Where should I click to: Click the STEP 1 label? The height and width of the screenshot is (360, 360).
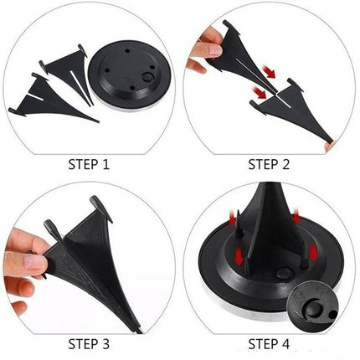[x=89, y=164]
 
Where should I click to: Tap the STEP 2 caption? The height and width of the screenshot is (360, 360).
[x=269, y=164]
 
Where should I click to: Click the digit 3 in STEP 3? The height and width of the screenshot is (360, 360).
[x=105, y=344]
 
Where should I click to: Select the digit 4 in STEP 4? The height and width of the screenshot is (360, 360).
[x=285, y=344]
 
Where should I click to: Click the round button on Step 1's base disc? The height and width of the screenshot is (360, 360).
[x=147, y=77]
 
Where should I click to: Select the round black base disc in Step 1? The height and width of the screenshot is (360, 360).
[x=130, y=75]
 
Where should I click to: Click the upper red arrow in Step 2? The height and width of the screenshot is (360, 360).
[x=269, y=71]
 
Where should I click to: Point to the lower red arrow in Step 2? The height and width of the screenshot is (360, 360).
[x=259, y=92]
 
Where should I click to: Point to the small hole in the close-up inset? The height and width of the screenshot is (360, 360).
[x=332, y=315]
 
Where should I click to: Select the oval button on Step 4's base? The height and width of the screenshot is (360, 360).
[x=283, y=272]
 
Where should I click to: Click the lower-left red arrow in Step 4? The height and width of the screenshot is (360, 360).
[x=239, y=256]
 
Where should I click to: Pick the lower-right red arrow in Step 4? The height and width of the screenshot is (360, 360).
[x=314, y=251]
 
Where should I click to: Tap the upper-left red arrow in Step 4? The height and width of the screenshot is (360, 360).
[x=232, y=218]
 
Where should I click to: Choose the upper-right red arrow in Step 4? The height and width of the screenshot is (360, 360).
[x=296, y=216]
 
